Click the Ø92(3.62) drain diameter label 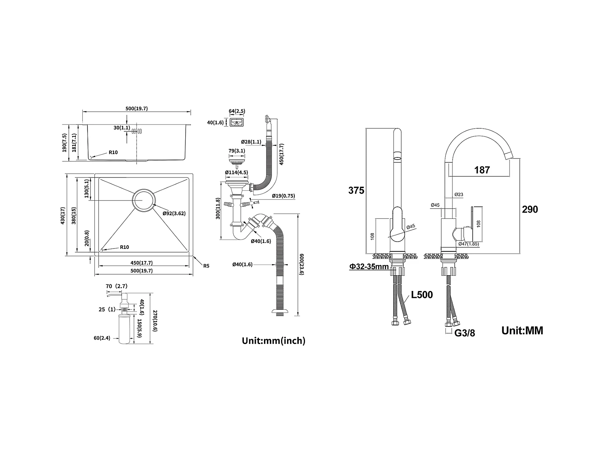tap(174, 213)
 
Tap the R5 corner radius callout tap(206, 266)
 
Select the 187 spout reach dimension tap(482, 170)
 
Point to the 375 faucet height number tap(356, 190)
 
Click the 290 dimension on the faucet tap(530, 209)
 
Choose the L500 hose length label tap(422, 295)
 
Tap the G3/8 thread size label tap(465, 333)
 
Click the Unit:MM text tap(522, 330)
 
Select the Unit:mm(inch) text tap(273, 341)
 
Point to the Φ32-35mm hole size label tap(369, 266)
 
